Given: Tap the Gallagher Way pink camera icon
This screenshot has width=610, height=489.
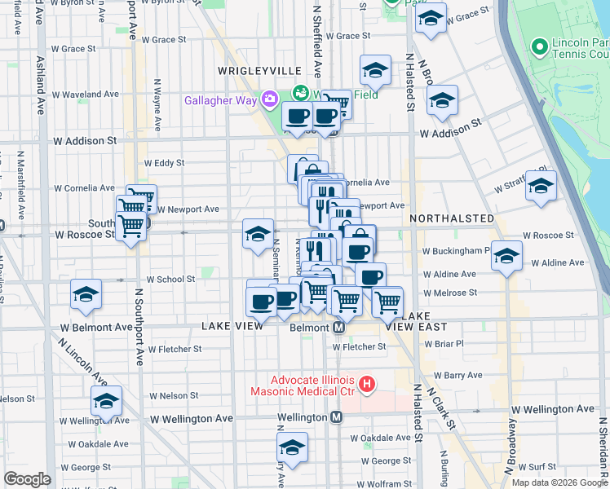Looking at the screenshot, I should pyautogui.click(x=269, y=99).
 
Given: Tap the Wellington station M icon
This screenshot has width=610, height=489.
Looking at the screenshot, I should pyautogui.click(x=335, y=417).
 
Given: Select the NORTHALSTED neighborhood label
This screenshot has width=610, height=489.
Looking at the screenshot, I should pyautogui.click(x=452, y=218).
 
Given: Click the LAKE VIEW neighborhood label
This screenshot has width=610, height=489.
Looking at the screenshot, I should pyautogui.click(x=232, y=326).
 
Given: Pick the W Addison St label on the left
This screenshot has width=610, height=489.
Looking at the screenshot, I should pyautogui.click(x=86, y=140).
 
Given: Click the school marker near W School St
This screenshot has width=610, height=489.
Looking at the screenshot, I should pyautogui.click(x=86, y=296).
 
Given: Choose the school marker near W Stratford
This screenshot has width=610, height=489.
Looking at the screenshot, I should pyautogui.click(x=540, y=187).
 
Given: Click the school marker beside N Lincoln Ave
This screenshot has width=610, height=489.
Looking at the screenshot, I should pyautogui.click(x=106, y=401).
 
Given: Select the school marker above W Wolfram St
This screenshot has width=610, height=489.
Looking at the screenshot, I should pyautogui.click(x=292, y=447).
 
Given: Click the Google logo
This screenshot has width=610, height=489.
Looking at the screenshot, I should pyautogui.click(x=27, y=478).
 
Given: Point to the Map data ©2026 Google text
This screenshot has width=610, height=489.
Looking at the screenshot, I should pyautogui.click(x=559, y=482).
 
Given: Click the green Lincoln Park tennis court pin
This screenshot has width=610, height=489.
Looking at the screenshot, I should pyautogui.click(x=537, y=46).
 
